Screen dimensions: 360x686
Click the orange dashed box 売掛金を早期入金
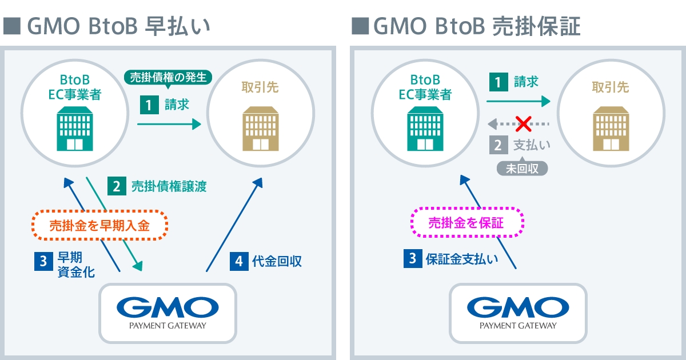(x=99, y=225)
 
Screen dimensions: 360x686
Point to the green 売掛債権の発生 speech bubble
(x=168, y=77)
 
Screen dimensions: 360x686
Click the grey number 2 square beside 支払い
(x=498, y=145)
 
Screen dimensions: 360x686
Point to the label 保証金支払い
(x=461, y=259)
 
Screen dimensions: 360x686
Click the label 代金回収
(x=277, y=262)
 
